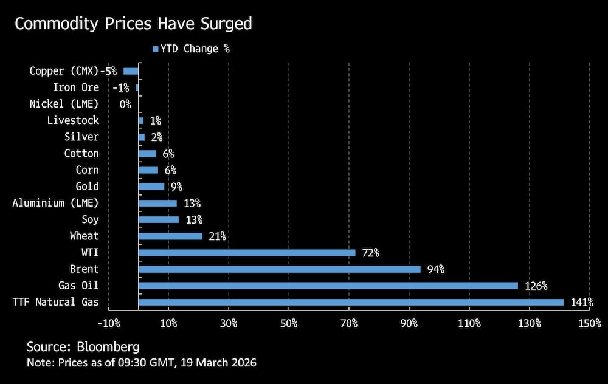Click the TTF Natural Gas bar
click(351, 302)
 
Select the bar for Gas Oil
click(328, 286)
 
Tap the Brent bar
click(280, 269)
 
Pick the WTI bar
click(247, 252)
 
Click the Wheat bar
click(170, 236)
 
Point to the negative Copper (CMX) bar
click(131, 71)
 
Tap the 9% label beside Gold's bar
click(176, 187)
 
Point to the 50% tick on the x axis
click(289, 324)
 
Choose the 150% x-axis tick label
click(590, 324)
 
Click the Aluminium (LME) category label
click(55, 203)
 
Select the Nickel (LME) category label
click(64, 104)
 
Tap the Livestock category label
click(73, 120)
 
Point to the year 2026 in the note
click(244, 363)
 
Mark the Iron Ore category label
click(76, 87)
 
